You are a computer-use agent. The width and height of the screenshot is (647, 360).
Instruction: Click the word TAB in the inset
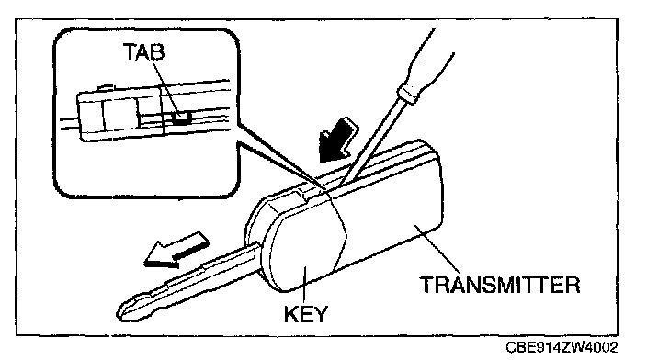(x=143, y=52)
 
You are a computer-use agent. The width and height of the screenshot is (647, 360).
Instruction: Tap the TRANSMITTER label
(x=500, y=285)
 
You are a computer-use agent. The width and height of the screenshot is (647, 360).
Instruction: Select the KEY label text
(x=305, y=314)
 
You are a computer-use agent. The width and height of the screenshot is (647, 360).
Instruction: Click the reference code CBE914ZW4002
(x=562, y=347)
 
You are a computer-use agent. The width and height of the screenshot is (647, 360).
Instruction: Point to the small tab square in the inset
(x=182, y=118)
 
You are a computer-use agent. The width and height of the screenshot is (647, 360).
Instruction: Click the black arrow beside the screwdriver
(x=337, y=140)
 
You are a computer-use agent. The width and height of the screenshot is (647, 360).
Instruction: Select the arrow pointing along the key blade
(x=176, y=250)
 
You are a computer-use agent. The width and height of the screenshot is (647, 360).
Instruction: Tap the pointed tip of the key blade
(x=119, y=311)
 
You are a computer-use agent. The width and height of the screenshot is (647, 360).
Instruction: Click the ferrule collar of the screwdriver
(x=407, y=94)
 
